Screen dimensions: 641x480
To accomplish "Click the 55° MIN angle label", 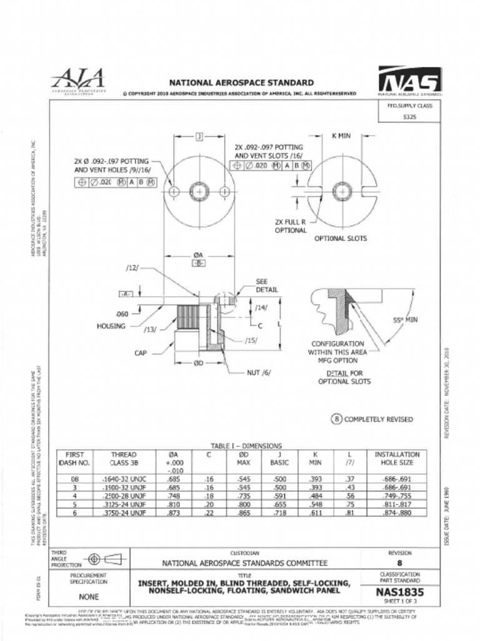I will [405, 320].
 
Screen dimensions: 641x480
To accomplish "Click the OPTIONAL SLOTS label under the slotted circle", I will [340, 238].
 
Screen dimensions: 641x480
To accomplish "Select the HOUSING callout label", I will [111, 326].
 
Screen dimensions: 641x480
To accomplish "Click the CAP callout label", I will [141, 353].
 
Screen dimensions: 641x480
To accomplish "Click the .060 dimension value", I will [121, 314].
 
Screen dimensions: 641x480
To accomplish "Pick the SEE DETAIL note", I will [267, 285].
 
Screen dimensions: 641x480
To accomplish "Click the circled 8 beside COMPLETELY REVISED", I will [335, 419].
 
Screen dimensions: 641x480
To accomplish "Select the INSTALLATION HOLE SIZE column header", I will [397, 459].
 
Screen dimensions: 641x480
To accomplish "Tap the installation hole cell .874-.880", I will [397, 512].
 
